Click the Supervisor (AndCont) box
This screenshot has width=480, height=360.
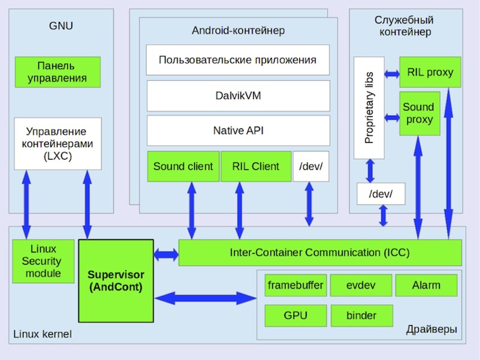point(115,281)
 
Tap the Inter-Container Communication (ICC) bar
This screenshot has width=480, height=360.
point(320,253)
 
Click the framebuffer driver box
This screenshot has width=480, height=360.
point(295,285)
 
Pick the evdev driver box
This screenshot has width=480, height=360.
point(361,285)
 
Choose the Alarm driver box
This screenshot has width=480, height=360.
point(426,285)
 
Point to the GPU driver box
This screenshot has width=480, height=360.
point(295,316)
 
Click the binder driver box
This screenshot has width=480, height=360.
point(361,316)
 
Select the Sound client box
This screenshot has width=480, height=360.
point(183,166)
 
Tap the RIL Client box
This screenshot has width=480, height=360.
point(255,166)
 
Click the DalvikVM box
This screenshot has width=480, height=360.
point(238,95)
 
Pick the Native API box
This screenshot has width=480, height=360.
point(238,130)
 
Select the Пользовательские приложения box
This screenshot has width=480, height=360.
point(238,60)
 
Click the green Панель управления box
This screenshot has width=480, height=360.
point(58,72)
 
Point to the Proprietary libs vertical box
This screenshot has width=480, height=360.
point(369,108)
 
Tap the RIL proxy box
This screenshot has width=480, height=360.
point(430,73)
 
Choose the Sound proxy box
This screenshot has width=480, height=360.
point(419,113)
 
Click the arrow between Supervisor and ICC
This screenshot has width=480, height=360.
point(166,255)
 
